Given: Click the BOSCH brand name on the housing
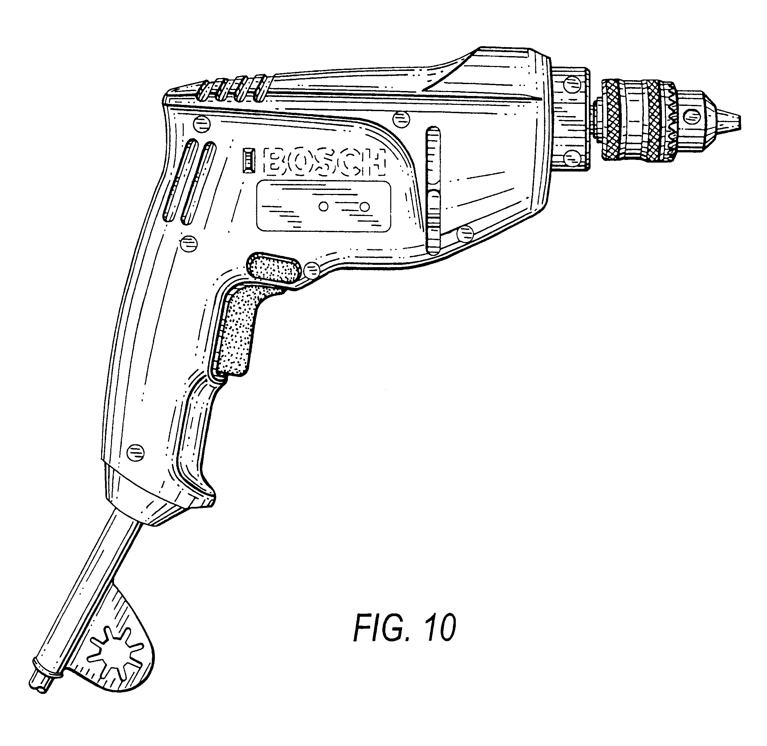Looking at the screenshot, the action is pyautogui.click(x=325, y=161).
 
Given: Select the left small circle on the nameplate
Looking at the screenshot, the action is pyautogui.click(x=324, y=206).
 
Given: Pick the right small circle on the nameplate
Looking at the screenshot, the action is pyautogui.click(x=365, y=206).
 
